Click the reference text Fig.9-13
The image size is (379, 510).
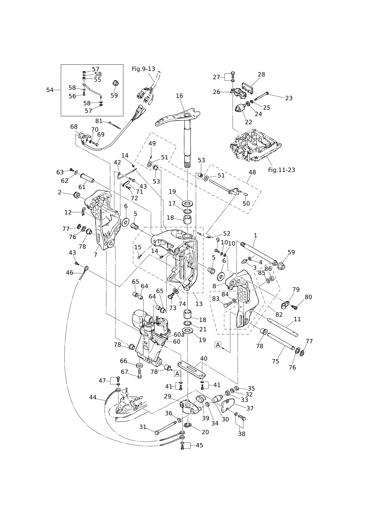tap(143, 69)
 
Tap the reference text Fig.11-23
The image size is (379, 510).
tap(281, 170)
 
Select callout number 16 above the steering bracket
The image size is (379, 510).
tap(179, 96)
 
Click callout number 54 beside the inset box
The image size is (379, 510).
tap(50, 90)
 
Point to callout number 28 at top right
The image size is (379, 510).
tap(262, 74)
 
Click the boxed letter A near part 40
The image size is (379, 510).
tap(177, 374)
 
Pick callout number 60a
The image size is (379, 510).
tap(179, 335)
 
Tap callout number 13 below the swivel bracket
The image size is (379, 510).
tap(199, 304)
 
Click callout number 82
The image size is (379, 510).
tap(279, 314)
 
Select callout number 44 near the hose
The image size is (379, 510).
tap(93, 397)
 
